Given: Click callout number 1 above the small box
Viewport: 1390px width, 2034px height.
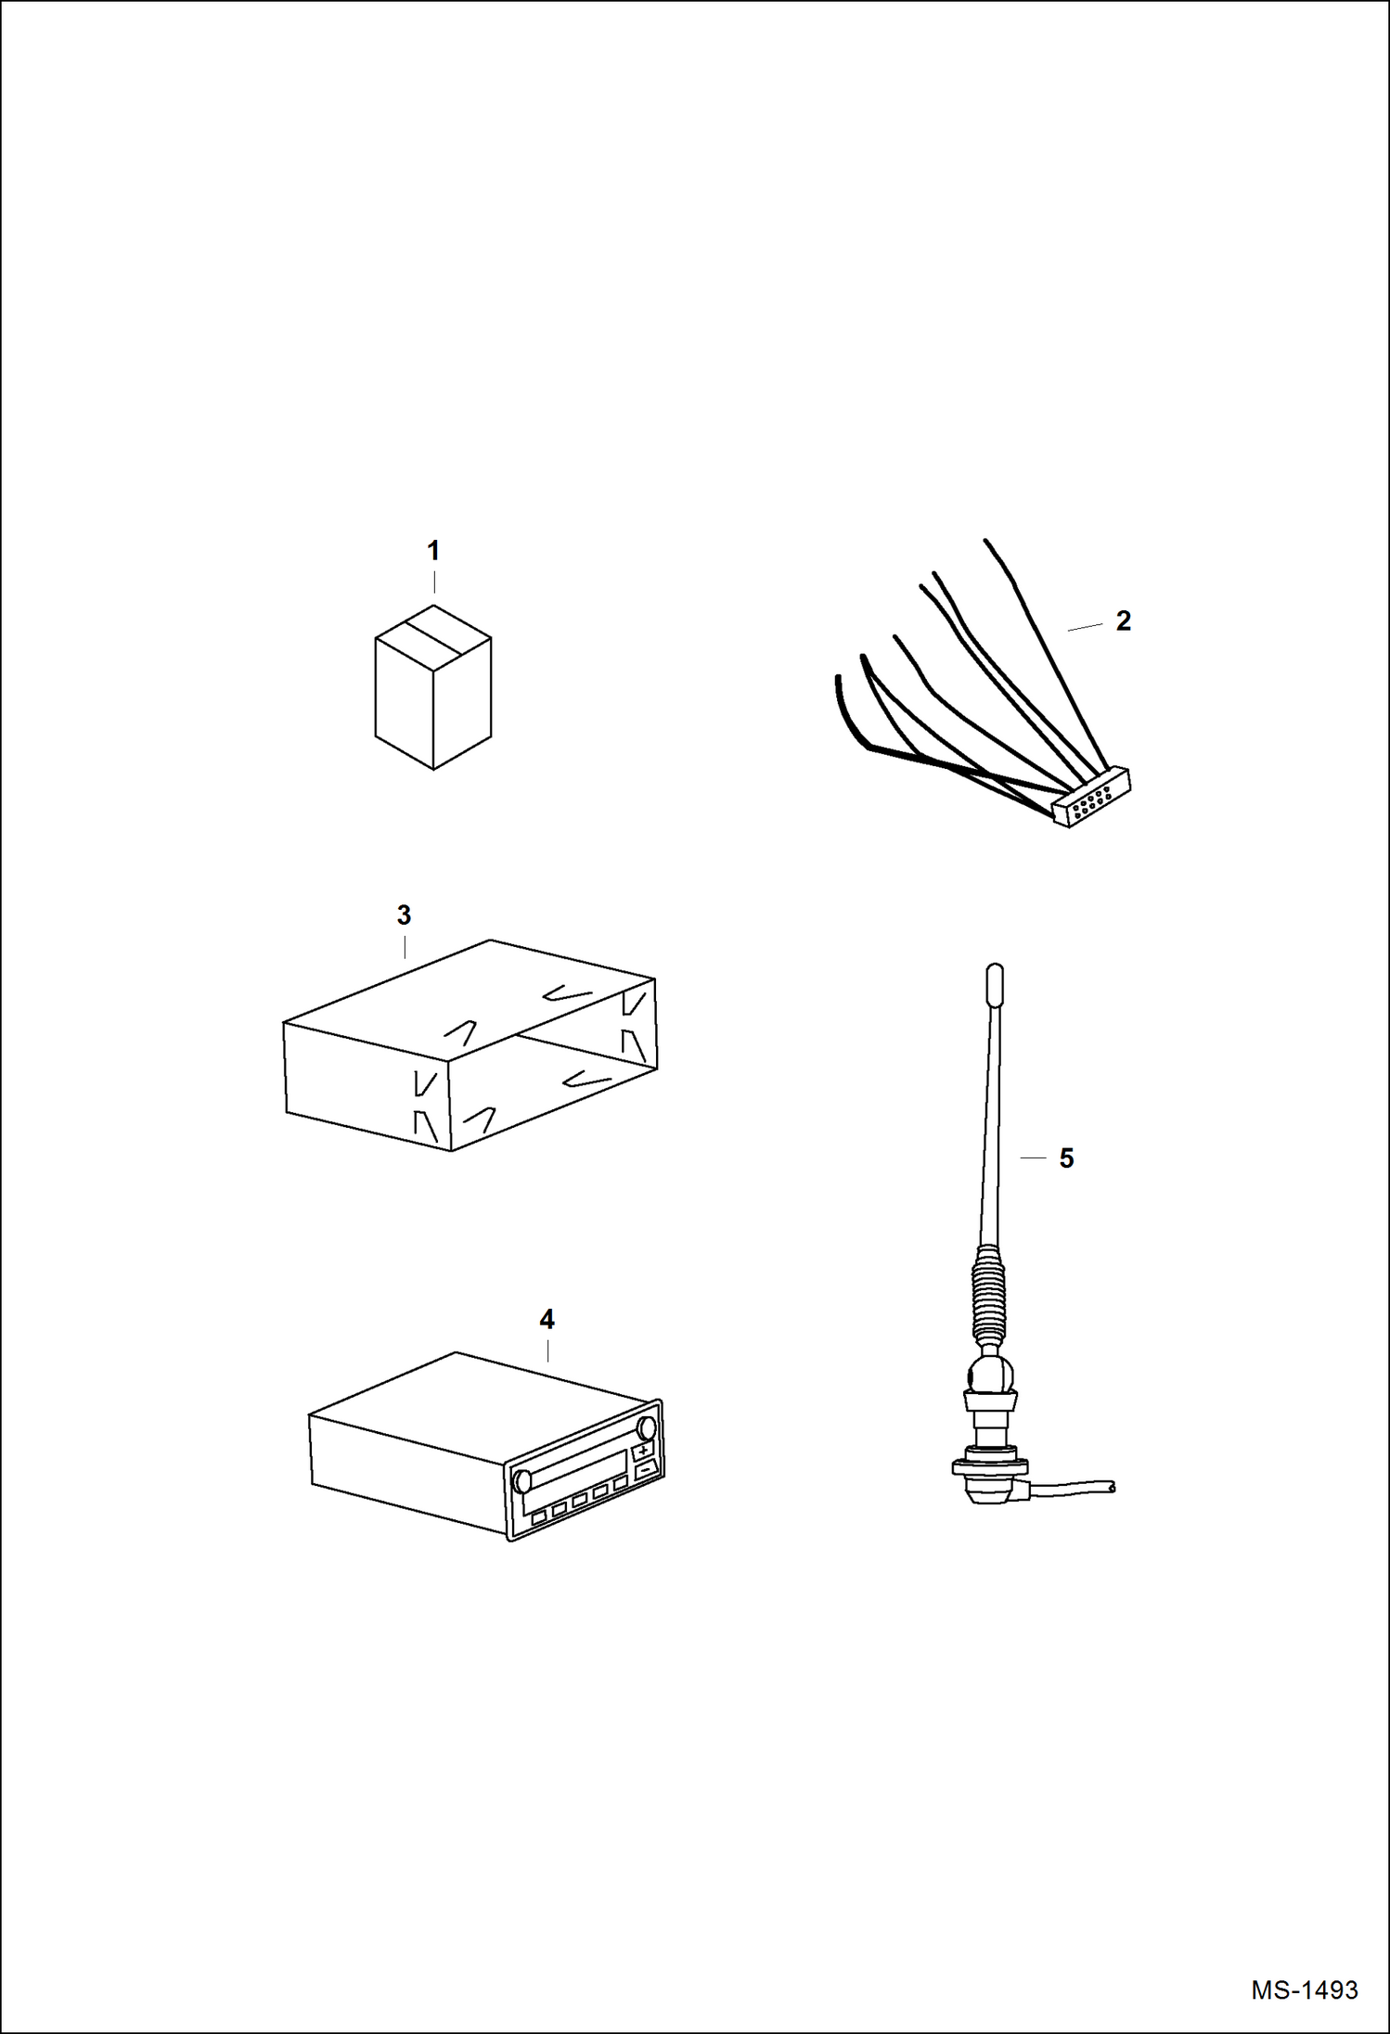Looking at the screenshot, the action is pos(432,551).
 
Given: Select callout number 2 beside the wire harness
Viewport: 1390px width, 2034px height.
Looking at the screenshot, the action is pos(1123,620).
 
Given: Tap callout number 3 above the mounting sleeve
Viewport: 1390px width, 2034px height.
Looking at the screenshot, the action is pos(404,915).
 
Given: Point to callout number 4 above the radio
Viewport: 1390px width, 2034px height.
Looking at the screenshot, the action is pos(547,1319).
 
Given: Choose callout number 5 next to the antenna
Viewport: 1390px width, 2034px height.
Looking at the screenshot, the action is pos(1066,1158).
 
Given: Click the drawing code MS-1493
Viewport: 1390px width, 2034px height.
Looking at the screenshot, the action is pos(1304,1990).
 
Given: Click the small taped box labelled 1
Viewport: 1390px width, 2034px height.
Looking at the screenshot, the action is pos(433,687).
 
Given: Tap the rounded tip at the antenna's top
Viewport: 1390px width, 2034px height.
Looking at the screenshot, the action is pos(994,985).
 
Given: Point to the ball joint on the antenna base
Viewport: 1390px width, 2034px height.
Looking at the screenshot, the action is pos(991,1374).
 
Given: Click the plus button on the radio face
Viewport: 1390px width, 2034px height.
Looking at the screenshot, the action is pos(643,1451).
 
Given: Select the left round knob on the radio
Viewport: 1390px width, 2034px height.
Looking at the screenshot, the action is pos(522,1480).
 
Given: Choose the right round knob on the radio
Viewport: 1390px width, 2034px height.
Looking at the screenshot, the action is pos(647,1427).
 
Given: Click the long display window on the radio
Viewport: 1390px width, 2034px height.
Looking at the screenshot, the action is pos(575,1470).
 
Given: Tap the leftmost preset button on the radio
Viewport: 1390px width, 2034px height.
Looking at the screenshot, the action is pos(539,1517).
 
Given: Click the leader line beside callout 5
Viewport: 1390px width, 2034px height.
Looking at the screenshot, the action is pos(1033,1158).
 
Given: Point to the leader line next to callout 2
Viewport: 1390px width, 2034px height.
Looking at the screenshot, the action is pos(1085,628).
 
